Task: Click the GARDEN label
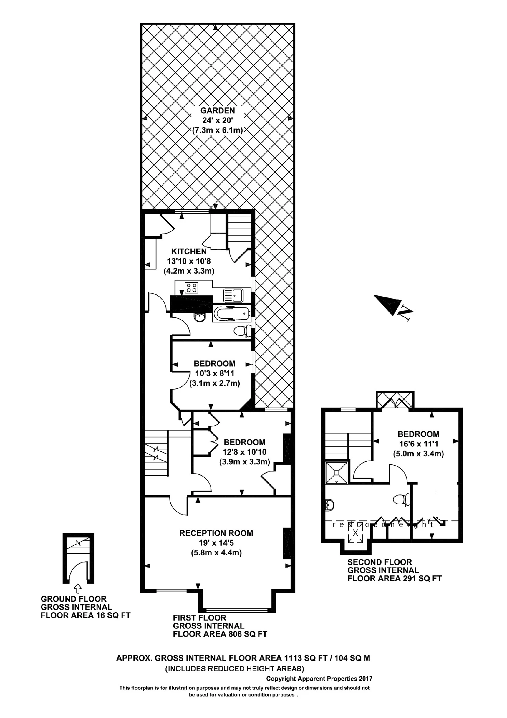coord(217,110)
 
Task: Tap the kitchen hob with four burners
coord(191,287)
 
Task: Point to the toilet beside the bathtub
coord(241,331)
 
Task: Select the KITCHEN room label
coord(189,251)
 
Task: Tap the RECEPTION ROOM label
coord(216,533)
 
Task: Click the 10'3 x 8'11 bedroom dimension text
coord(214,373)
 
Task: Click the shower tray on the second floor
coord(337,473)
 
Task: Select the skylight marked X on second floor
coord(355,532)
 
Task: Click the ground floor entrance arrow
coord(78,588)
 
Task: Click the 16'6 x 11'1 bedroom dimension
coord(418,444)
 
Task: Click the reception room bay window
coord(237,610)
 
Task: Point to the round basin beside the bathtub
coord(199,318)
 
